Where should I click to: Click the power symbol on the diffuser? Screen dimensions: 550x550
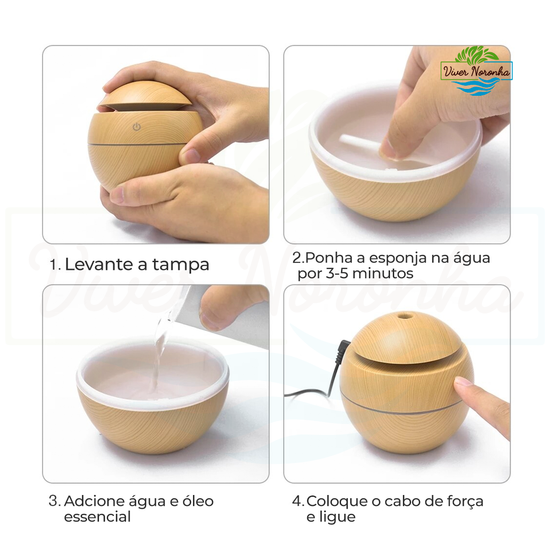point(137,126)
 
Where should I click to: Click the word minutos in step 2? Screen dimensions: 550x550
point(383,274)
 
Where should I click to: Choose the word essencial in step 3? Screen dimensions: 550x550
point(97,517)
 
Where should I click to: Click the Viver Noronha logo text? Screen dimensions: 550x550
point(476,71)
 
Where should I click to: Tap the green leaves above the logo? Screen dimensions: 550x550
point(476,54)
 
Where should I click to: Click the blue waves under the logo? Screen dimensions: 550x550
point(476,87)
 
